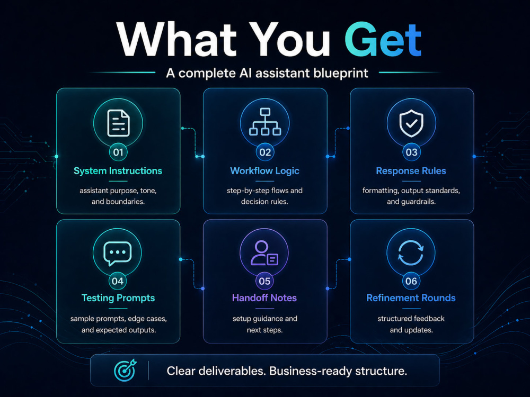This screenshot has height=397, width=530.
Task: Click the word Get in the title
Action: click(x=383, y=40)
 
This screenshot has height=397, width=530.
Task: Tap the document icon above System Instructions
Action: click(x=118, y=123)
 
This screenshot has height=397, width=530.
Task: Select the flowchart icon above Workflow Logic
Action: click(x=265, y=122)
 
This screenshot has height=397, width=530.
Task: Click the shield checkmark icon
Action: click(x=411, y=123)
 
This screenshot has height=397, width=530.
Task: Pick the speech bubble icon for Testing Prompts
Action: click(x=117, y=254)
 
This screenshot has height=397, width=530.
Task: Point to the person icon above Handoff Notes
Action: click(x=264, y=252)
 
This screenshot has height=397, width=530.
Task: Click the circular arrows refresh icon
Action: click(x=411, y=253)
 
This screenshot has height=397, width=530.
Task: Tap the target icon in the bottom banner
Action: click(x=125, y=370)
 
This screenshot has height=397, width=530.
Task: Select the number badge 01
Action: click(x=118, y=152)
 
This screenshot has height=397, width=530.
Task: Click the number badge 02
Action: click(x=265, y=152)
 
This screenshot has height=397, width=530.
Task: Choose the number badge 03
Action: click(x=411, y=152)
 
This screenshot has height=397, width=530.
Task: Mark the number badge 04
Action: click(x=118, y=281)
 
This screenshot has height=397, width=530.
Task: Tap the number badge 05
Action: click(x=264, y=281)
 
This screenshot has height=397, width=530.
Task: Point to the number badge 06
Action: click(x=411, y=281)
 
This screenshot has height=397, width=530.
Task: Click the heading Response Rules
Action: click(x=411, y=171)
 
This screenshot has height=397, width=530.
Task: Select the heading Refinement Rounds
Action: click(x=411, y=297)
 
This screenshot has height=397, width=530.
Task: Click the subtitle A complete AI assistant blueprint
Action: click(x=267, y=73)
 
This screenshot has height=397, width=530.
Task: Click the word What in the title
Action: click(x=177, y=40)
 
